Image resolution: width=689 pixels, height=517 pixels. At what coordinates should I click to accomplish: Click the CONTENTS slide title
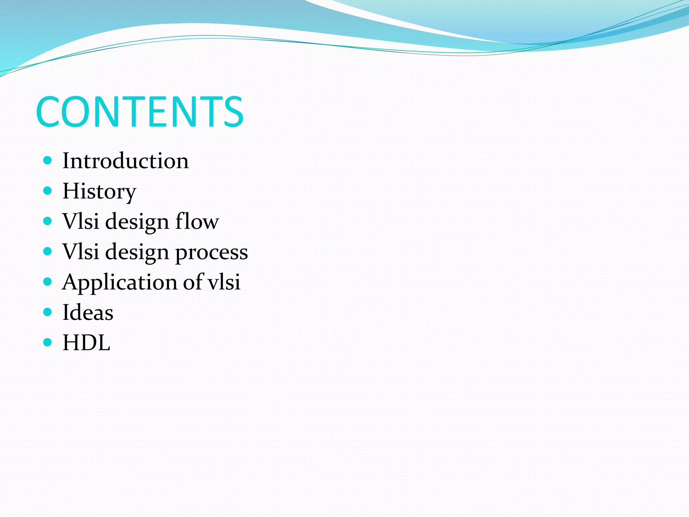click(x=140, y=112)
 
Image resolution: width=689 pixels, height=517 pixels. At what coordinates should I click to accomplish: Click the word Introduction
click(x=125, y=161)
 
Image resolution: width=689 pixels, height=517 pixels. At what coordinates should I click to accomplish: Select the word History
click(x=99, y=191)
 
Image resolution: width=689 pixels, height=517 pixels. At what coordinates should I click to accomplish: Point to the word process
click(x=212, y=252)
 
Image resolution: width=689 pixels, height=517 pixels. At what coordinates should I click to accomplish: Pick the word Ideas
click(x=88, y=312)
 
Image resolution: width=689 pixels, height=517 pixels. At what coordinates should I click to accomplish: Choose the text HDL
click(x=86, y=343)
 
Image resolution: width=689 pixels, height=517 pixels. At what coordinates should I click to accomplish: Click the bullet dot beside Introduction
click(x=48, y=160)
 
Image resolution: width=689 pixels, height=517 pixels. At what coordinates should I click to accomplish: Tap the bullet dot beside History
click(x=48, y=191)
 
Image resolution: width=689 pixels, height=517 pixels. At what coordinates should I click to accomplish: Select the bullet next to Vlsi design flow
click(x=48, y=221)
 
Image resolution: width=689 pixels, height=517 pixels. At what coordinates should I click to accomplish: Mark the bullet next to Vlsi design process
click(x=48, y=251)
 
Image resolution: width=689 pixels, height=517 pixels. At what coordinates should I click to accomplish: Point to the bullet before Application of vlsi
click(x=48, y=281)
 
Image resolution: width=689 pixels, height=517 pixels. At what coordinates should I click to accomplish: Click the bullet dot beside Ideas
click(x=48, y=312)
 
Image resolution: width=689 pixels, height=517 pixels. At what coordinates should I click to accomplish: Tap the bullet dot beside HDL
click(x=48, y=342)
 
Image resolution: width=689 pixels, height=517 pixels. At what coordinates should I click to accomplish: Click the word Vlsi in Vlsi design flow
click(x=81, y=221)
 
